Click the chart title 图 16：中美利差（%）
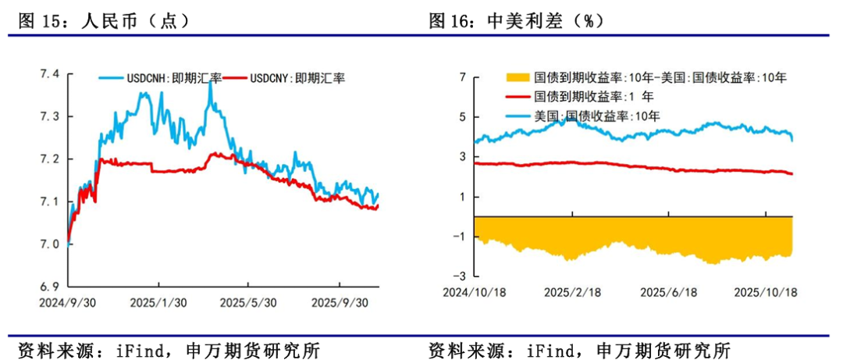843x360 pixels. (516, 21)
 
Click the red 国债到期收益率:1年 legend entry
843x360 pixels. (587, 98)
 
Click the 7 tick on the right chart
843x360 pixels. (462, 77)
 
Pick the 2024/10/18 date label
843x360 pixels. (474, 292)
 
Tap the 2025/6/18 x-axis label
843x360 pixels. (669, 292)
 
